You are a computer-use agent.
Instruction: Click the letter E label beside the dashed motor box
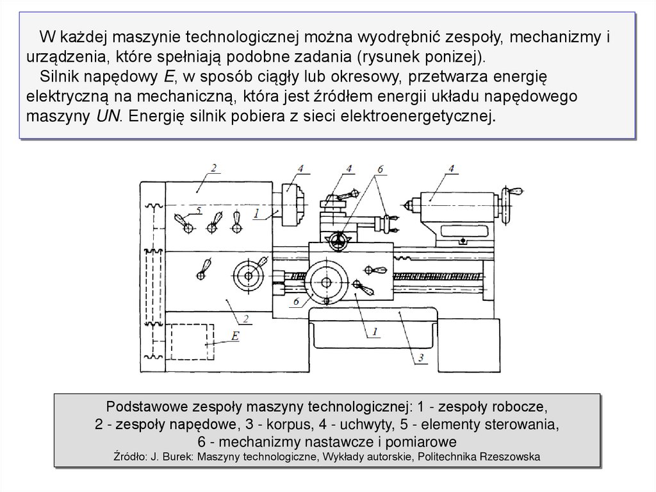point(236,336)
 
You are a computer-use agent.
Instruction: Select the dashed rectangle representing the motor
point(193,342)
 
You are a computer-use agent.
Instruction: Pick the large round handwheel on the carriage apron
point(326,283)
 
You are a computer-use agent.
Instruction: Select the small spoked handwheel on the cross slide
point(339,241)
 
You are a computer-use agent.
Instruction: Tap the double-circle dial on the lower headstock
point(245,275)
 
